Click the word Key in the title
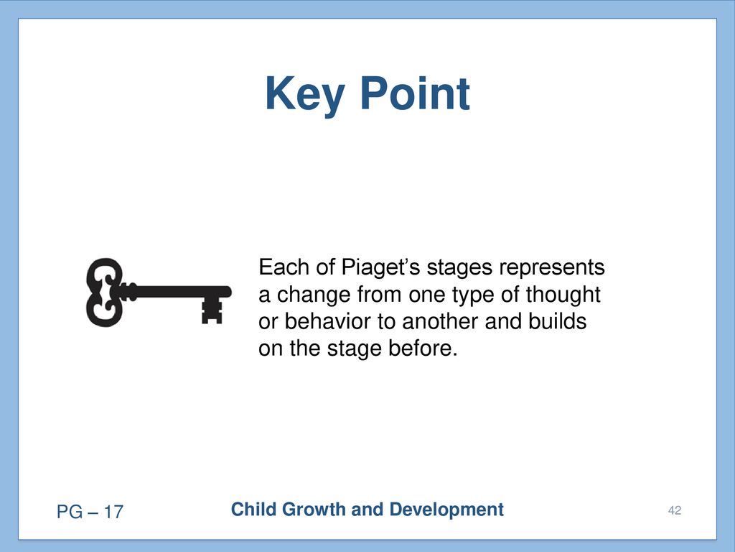pyautogui.click(x=305, y=94)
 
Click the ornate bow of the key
pyautogui.click(x=105, y=293)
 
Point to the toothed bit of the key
pyautogui.click(x=212, y=310)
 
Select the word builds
pyautogui.click(x=557, y=321)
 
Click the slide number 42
pyautogui.click(x=675, y=510)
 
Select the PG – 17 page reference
pyautogui.click(x=90, y=512)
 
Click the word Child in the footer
pyautogui.click(x=253, y=510)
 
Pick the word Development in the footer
pyautogui.click(x=446, y=510)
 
